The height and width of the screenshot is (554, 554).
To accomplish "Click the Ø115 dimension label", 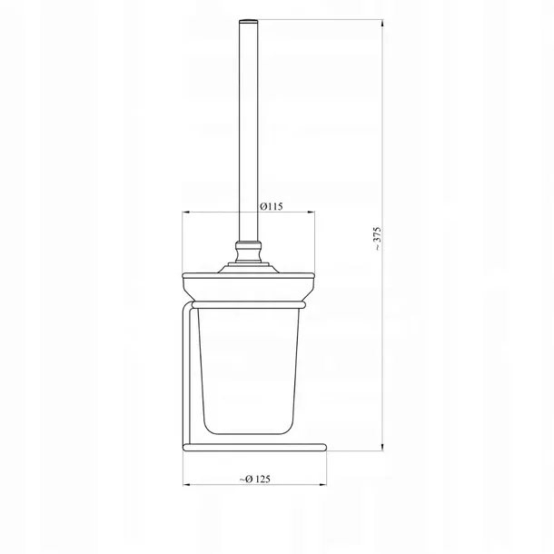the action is click(x=272, y=206).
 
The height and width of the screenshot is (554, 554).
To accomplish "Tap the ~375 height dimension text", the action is click(x=377, y=239).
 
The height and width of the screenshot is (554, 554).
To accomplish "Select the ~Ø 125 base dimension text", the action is click(x=254, y=480).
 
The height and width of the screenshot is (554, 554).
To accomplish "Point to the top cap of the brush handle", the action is click(x=249, y=21).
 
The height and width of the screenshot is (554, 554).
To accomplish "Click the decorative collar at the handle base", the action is click(x=249, y=252).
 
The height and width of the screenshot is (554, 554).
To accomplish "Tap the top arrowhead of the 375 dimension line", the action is click(x=382, y=24).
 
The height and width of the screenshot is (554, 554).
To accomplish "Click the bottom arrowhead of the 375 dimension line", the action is click(x=382, y=448).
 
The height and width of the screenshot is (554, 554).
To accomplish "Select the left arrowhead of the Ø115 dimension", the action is click(x=186, y=213).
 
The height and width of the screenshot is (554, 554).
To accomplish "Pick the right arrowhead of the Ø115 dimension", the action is click(x=311, y=213).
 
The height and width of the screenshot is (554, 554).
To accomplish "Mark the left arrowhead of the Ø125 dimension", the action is click(x=187, y=485).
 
